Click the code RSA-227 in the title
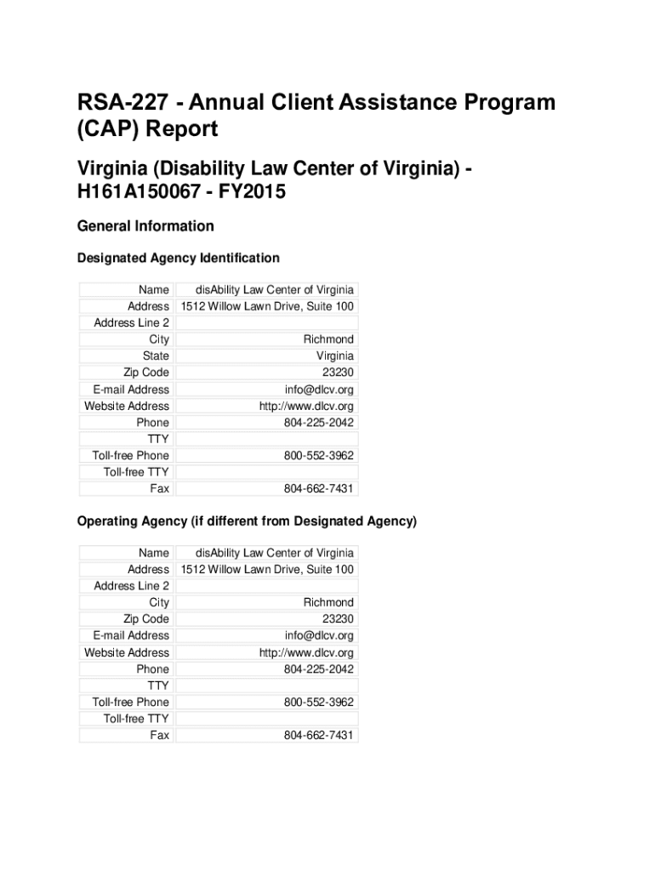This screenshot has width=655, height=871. click(113, 103)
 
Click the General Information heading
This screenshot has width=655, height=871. click(145, 226)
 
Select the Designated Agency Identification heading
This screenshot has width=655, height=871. click(178, 258)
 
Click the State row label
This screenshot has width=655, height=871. click(156, 356)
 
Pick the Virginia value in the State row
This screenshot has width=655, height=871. click(334, 356)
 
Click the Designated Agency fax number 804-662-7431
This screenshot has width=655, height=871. click(318, 489)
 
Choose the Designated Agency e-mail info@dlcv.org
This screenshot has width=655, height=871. click(319, 390)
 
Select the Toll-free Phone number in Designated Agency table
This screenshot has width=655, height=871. click(318, 456)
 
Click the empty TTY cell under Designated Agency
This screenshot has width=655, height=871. click(266, 439)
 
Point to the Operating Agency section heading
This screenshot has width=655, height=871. click(247, 521)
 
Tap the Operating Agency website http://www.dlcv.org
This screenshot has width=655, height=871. click(306, 652)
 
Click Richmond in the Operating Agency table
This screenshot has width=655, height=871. click(328, 602)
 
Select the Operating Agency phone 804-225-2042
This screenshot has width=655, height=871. click(318, 669)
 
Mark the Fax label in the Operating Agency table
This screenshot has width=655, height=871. click(159, 735)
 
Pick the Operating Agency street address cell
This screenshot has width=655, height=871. click(266, 569)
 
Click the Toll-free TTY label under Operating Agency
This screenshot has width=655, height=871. click(136, 719)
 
